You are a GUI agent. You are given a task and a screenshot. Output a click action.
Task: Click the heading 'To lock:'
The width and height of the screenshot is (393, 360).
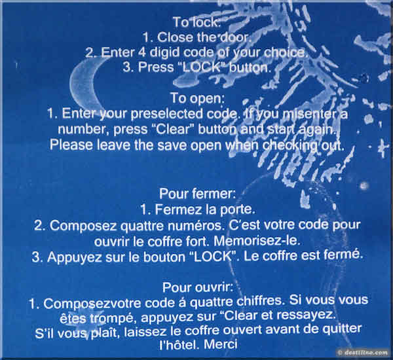pyautogui.click(x=196, y=22)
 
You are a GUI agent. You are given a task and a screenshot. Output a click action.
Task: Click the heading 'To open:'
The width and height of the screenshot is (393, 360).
pyautogui.click(x=197, y=98)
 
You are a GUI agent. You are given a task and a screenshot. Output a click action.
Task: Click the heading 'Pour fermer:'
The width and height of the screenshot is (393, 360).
pyautogui.click(x=198, y=194)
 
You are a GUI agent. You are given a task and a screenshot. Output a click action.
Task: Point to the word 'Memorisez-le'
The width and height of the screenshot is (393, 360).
pyautogui.click(x=257, y=241)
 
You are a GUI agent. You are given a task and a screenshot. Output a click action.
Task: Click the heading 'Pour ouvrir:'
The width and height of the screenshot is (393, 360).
pyautogui.click(x=198, y=287)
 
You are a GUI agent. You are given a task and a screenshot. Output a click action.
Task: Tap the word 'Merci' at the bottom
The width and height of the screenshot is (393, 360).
pyautogui.click(x=221, y=344)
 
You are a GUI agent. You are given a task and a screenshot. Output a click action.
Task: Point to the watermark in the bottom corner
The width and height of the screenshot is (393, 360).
pyautogui.click(x=364, y=353)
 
